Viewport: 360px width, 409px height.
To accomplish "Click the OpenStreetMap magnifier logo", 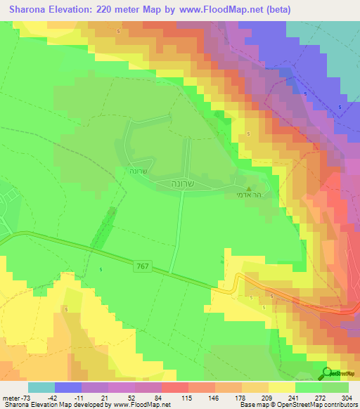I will tap(326, 373).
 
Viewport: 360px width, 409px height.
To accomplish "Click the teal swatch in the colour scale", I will tap(41, 387).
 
